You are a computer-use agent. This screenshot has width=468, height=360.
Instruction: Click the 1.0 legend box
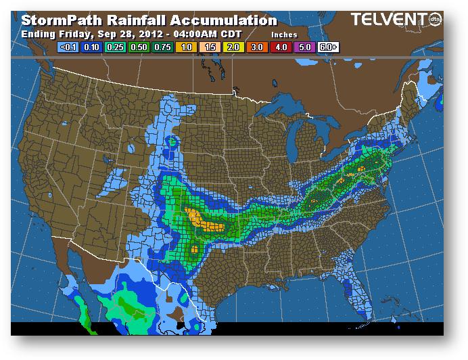point(185,48)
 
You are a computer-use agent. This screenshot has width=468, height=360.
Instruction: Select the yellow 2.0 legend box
point(233,48)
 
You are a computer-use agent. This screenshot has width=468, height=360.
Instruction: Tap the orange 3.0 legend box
point(257,48)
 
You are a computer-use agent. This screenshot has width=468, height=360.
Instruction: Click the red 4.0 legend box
point(281,48)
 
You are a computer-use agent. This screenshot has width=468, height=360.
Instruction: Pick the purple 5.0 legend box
point(305,48)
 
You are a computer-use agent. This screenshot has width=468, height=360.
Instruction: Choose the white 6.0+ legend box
point(329,48)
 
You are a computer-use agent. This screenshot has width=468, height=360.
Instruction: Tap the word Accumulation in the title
point(224,20)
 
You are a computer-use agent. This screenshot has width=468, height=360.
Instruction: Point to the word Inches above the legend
point(284,33)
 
